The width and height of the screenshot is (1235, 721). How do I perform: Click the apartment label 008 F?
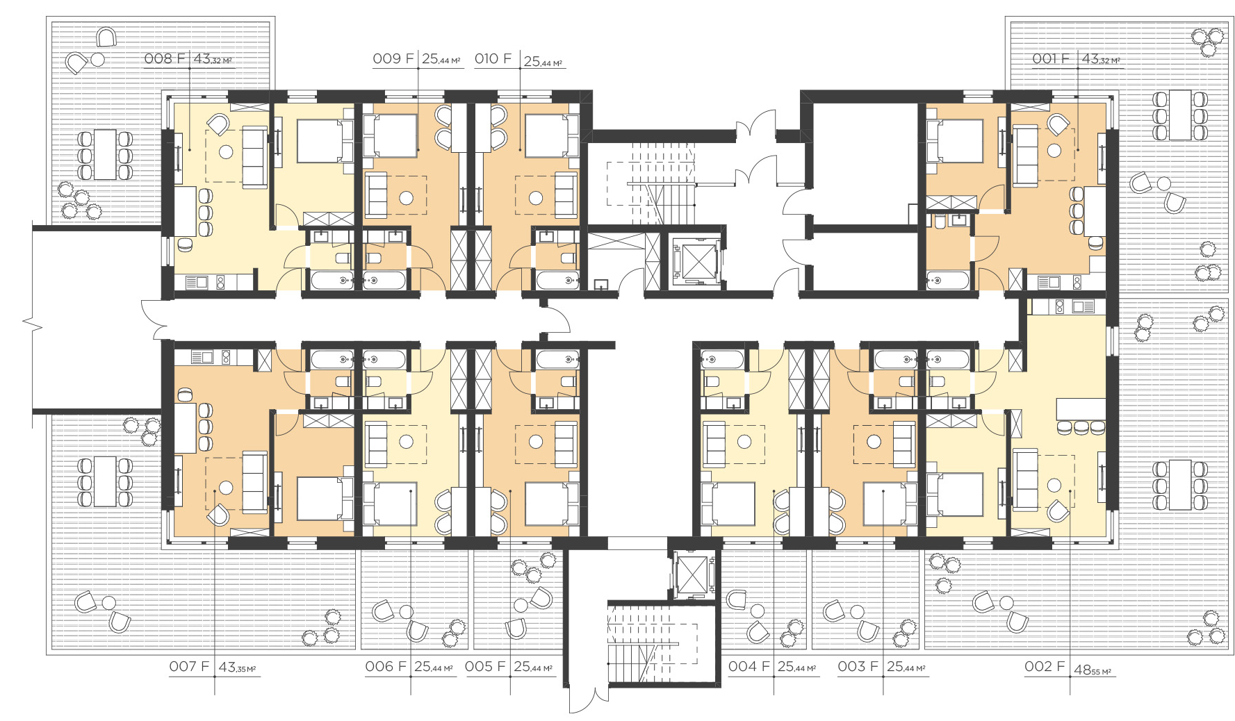(x=165, y=58)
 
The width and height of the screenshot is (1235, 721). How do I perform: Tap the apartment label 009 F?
(x=393, y=58)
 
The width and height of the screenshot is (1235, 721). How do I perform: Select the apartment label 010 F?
(x=493, y=58)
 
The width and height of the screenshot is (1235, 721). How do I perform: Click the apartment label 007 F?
(x=189, y=666)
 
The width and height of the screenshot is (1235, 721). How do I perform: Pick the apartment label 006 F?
(x=386, y=666)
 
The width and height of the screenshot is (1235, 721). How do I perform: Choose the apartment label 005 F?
(x=485, y=666)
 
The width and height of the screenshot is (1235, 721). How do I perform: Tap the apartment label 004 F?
(x=749, y=666)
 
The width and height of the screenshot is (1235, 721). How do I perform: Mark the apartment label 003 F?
(x=858, y=666)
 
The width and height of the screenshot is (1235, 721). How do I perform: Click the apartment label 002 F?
(x=1045, y=666)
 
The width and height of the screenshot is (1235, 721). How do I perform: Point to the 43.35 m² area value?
(x=238, y=668)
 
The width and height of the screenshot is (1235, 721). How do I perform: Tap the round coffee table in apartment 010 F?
(x=536, y=198)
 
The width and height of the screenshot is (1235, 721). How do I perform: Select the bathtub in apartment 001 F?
(x=947, y=281)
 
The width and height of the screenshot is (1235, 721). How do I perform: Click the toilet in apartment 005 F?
(x=568, y=381)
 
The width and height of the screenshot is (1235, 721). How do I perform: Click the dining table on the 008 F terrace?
(x=105, y=154)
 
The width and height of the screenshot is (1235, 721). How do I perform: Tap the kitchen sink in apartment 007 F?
(x=202, y=358)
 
